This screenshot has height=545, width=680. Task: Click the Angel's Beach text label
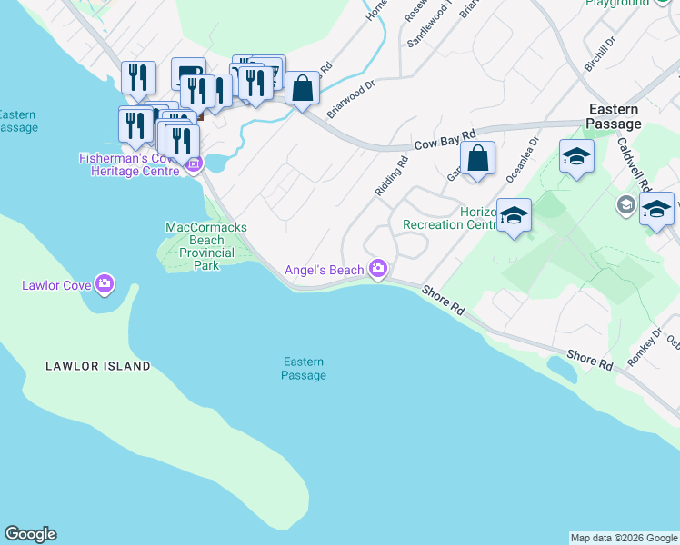pyautogui.click(x=325, y=270)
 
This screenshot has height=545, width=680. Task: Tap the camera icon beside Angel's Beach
pyautogui.click(x=378, y=269)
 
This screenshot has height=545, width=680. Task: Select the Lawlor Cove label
pyautogui.click(x=55, y=286)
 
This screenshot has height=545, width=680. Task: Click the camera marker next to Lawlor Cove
pyautogui.click(x=105, y=285)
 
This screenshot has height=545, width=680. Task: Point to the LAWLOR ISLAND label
pyautogui.click(x=98, y=366)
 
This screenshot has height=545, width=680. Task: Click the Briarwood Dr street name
pyautogui.click(x=351, y=99)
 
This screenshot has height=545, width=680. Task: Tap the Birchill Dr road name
pyautogui.click(x=600, y=54)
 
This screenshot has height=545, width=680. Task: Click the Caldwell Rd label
pyautogui.click(x=631, y=163)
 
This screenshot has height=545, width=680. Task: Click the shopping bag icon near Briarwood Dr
pyautogui.click(x=302, y=89)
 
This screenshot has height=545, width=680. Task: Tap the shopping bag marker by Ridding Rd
pyautogui.click(x=477, y=159)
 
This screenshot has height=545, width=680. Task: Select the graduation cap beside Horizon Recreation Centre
pyautogui.click(x=514, y=216)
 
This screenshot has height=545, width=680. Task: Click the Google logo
pyautogui.click(x=30, y=534)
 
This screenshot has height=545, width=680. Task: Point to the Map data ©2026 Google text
pyautogui.click(x=624, y=538)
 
